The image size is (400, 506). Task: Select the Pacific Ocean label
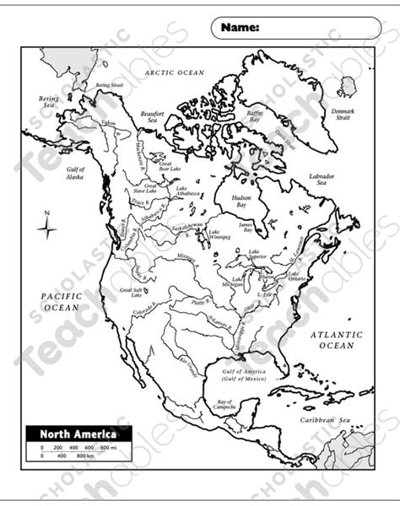click(62, 301)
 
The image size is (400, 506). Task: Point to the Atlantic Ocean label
click(336, 340)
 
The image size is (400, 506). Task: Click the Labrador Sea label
click(321, 179)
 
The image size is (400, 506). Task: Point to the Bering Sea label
click(48, 102)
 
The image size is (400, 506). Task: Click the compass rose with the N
click(48, 227)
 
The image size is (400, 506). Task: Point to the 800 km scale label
click(84, 456)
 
